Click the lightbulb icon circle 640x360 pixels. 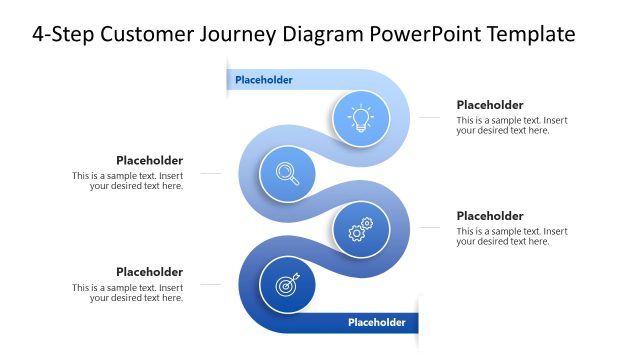click(x=360, y=118)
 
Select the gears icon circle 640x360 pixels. click(x=360, y=229)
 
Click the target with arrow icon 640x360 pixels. click(x=288, y=285)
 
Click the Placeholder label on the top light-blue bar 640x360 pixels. click(x=264, y=80)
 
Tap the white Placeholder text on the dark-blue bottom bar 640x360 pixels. click(x=376, y=322)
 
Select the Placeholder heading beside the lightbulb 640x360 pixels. click(x=490, y=105)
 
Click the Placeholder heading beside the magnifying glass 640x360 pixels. click(x=149, y=160)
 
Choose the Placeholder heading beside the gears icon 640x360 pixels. click(x=490, y=216)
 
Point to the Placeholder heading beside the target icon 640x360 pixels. click(x=149, y=271)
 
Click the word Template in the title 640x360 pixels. click(x=532, y=35)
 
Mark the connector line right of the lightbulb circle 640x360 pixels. click(x=428, y=118)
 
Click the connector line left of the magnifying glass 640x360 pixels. click(x=210, y=174)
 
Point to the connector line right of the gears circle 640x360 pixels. click(x=428, y=228)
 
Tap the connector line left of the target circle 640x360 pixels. click(x=210, y=285)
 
